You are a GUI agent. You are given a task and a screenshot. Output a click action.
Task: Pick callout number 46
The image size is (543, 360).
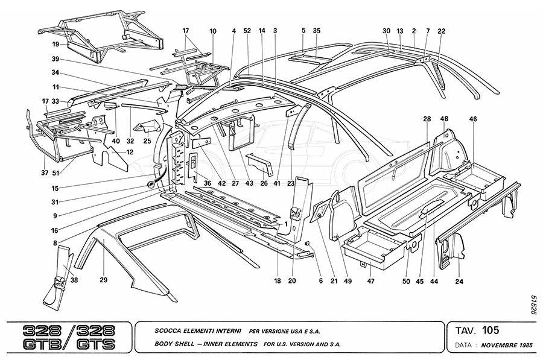(473, 119)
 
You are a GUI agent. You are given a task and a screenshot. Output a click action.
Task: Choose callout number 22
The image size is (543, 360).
(442, 31)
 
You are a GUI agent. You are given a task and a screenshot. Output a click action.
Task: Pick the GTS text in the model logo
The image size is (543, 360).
(99, 345)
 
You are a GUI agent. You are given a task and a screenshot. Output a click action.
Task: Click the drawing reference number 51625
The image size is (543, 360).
(533, 305)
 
